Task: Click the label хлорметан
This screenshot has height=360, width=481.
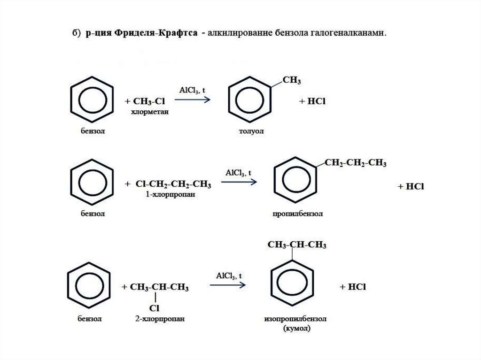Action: click(x=149, y=113)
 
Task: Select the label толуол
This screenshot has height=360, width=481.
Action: click(x=251, y=131)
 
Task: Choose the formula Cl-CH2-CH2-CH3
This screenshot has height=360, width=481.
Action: click(x=173, y=184)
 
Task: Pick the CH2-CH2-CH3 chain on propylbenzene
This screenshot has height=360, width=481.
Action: click(x=356, y=163)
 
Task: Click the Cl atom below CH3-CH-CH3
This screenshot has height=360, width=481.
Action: click(x=155, y=308)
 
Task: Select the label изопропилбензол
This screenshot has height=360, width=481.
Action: click(x=295, y=319)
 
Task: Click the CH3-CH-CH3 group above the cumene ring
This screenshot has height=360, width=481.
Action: click(x=297, y=245)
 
